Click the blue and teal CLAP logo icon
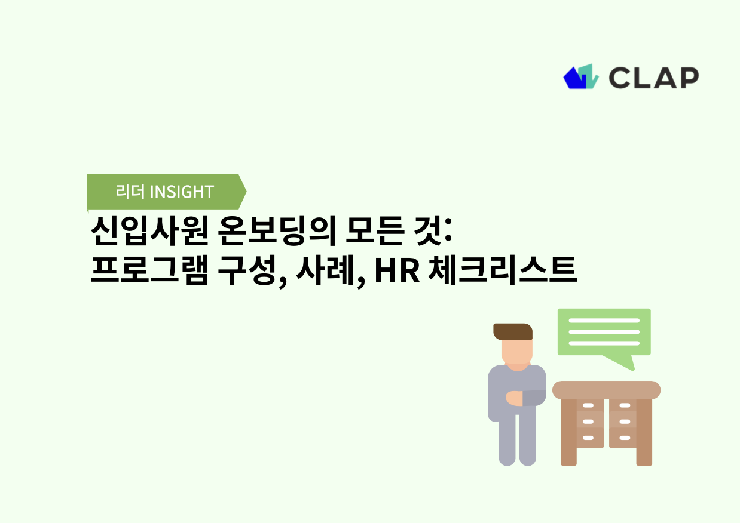click(580, 77)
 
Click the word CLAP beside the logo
click(653, 78)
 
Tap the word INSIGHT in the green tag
click(181, 192)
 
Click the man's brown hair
click(512, 331)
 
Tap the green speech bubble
click(604, 331)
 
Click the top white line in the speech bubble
click(604, 321)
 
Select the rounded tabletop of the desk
click(606, 390)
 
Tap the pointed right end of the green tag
click(242, 192)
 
